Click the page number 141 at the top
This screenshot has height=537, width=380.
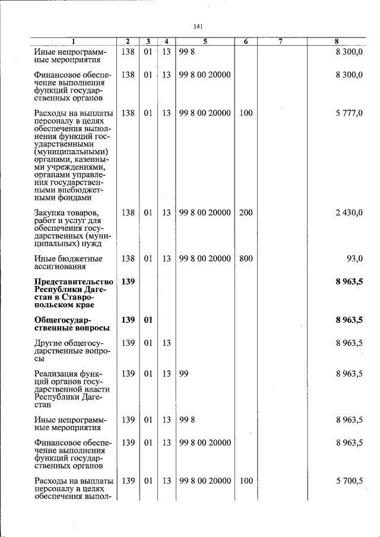coord(198,26)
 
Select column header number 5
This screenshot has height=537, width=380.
coord(204,41)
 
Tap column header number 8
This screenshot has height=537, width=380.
coord(336,41)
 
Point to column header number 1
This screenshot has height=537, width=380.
coord(73,41)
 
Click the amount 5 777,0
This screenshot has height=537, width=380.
coord(349,113)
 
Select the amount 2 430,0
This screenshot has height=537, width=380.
coord(349,212)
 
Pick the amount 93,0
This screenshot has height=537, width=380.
coord(354,258)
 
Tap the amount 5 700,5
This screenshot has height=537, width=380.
coord(349,481)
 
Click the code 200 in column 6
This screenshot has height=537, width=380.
coord(246,212)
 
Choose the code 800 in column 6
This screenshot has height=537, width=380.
coord(246,258)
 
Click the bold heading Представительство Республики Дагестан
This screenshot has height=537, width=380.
coord(73,293)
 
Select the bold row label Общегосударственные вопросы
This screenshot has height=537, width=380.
coord(71,324)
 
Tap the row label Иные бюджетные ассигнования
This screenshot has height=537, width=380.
coord(68,262)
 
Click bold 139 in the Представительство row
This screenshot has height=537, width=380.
coord(128,282)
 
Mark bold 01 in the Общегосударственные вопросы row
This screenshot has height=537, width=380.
coord(148,320)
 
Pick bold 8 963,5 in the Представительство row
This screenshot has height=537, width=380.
coord(349,282)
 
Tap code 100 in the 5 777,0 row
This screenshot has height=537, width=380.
coord(246,113)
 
